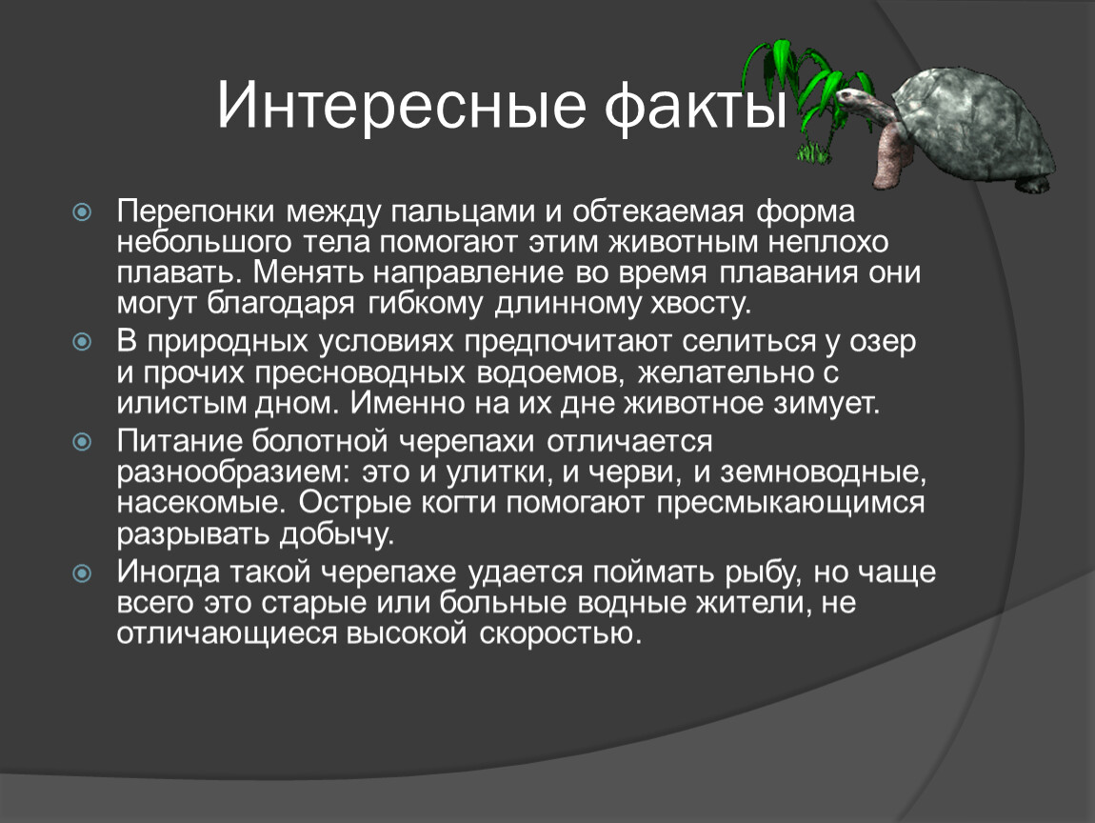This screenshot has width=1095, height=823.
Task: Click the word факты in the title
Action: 696,106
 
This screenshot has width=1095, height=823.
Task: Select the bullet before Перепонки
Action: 83,211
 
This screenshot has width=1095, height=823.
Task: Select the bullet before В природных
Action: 83,342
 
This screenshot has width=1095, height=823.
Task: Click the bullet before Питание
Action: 83,442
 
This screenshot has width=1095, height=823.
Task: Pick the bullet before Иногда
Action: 83,572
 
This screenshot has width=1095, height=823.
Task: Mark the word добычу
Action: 337,534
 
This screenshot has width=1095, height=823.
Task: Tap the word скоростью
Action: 559,634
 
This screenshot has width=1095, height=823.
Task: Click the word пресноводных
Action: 360,373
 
